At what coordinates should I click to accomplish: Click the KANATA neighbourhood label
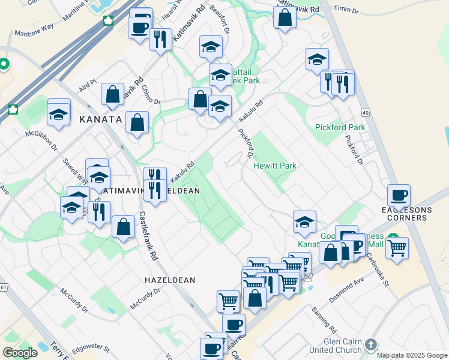[x=100, y=120]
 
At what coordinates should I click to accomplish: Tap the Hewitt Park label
[x=275, y=166]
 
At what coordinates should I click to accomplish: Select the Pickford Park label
[x=340, y=128]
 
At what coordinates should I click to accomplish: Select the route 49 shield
[x=365, y=113]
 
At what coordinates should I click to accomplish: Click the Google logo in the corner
[x=20, y=353]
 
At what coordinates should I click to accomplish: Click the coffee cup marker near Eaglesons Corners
[x=399, y=196]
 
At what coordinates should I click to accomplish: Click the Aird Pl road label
[x=87, y=85]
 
